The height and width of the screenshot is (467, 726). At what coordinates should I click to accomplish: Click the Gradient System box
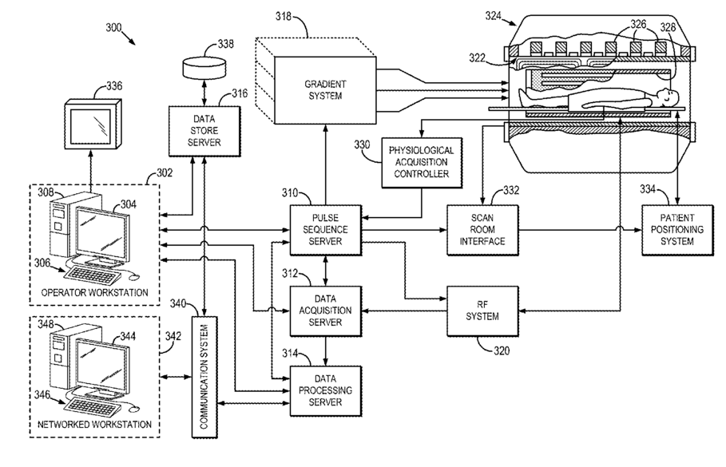324,89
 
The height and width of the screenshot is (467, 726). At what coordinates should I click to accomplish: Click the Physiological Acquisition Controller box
421,162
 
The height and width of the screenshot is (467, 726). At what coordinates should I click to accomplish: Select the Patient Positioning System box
676,229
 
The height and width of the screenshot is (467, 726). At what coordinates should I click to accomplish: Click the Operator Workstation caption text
94,293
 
